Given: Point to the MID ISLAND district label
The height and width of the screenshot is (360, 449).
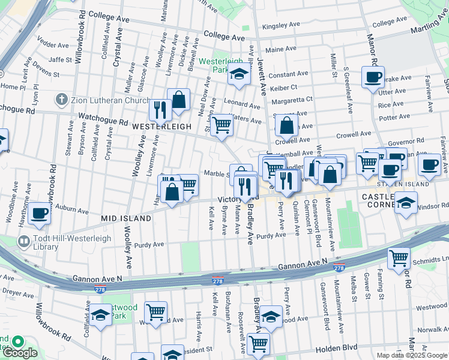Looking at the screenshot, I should [126, 219].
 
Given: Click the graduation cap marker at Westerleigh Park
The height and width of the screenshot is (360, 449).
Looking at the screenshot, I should [238, 75].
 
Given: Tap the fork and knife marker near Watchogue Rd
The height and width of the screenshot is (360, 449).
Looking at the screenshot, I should [160, 109].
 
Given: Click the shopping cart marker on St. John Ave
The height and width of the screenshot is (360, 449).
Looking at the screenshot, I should [221, 124].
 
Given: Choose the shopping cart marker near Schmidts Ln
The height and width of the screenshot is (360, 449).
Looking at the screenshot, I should [399, 257].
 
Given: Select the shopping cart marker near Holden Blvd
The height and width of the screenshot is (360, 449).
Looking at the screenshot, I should [259, 343].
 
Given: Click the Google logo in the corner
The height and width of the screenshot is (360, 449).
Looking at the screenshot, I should [19, 353].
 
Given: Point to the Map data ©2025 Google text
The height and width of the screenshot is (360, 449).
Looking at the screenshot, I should [411, 355].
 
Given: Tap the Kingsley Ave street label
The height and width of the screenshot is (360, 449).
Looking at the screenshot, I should [285, 26].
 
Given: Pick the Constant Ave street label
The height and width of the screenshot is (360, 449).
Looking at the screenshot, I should [288, 74].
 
